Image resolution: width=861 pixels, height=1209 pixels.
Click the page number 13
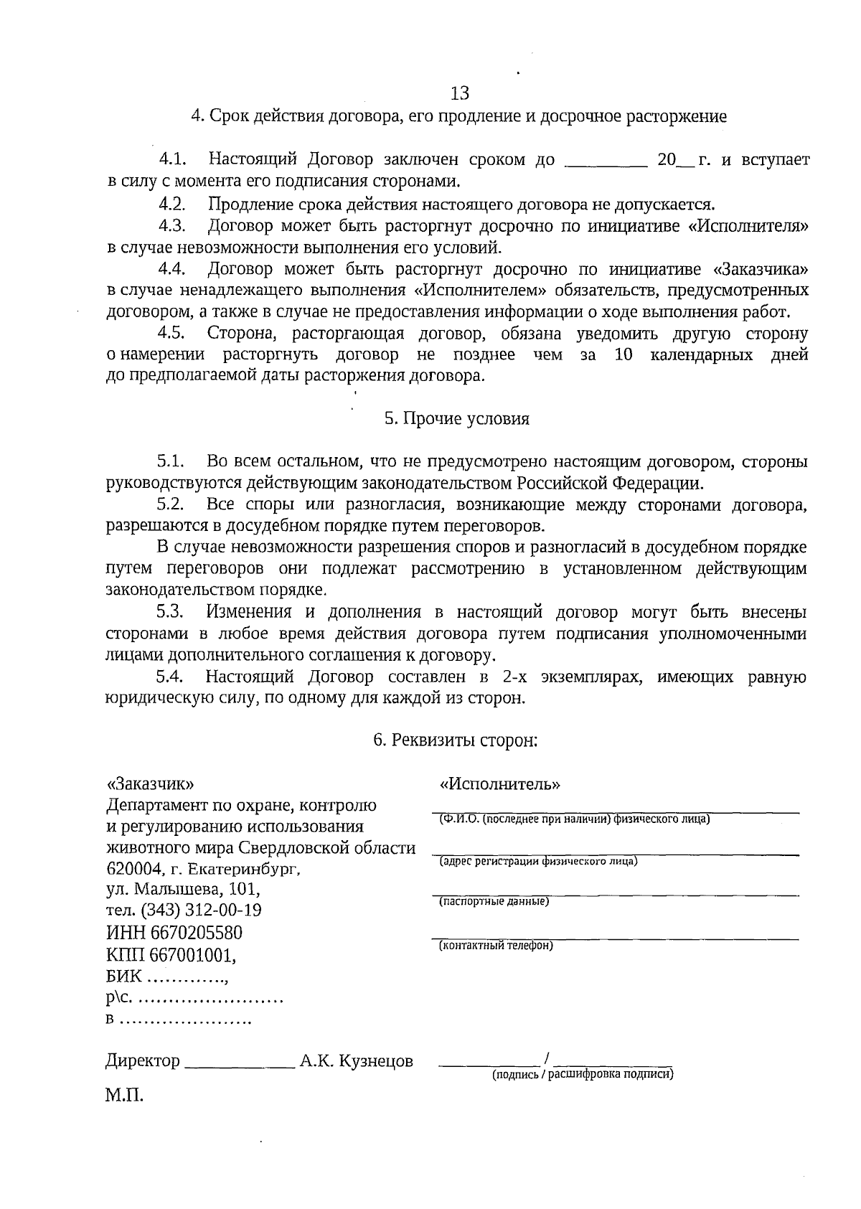click(x=459, y=93)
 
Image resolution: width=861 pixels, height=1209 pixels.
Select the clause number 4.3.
click(x=172, y=227)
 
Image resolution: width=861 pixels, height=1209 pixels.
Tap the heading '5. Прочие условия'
click(x=457, y=419)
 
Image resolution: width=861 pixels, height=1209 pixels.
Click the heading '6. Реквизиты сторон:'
click(x=456, y=740)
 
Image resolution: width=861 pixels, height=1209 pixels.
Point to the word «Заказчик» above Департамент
click(x=149, y=784)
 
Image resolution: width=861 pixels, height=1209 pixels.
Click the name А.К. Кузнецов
click(x=357, y=1061)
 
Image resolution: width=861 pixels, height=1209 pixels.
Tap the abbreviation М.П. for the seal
click(x=124, y=1096)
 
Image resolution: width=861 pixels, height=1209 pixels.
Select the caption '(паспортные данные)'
click(x=494, y=901)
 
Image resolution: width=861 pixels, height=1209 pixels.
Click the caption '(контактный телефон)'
click(x=496, y=946)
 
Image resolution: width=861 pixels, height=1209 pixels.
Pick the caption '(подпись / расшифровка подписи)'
click(x=583, y=1075)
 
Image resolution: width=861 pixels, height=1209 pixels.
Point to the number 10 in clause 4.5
click(x=624, y=355)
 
